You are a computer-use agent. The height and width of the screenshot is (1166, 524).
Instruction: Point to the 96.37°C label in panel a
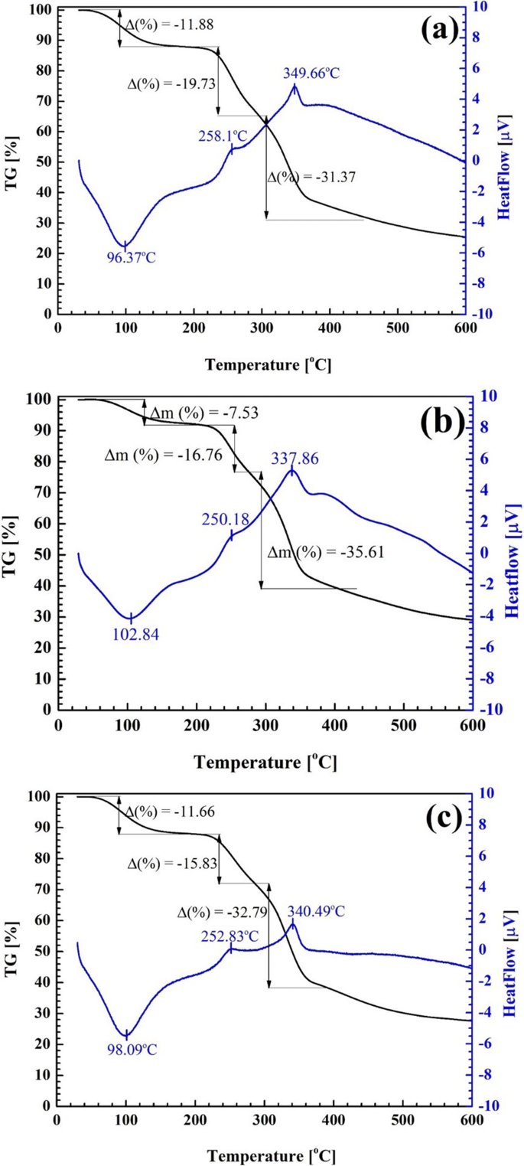click(131, 257)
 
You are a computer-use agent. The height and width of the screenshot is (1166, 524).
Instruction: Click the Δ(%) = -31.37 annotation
click(312, 177)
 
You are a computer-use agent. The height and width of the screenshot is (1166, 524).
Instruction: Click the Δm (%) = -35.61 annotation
click(321, 552)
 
